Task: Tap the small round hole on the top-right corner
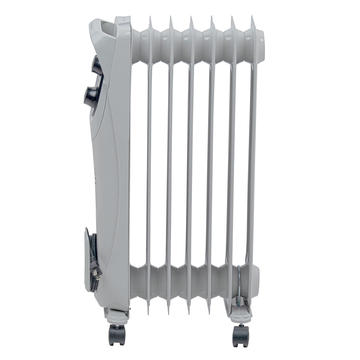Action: pyautogui.click(x=261, y=40)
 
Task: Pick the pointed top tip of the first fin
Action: pyautogui.click(x=150, y=18)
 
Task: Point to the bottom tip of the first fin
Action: pyautogui.click(x=148, y=312)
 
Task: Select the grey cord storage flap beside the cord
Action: pyautogui.click(x=86, y=260)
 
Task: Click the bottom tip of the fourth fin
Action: pyautogui.click(x=208, y=312)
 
